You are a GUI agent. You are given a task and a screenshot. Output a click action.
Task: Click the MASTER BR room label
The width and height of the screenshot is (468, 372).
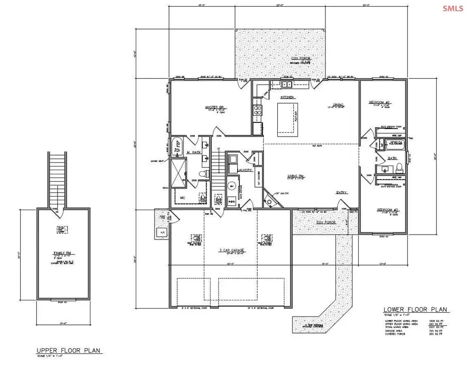tap(214, 107)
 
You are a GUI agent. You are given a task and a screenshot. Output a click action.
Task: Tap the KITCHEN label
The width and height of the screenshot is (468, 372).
tap(288, 98)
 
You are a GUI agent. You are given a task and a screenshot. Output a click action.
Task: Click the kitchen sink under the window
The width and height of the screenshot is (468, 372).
tap(288, 84)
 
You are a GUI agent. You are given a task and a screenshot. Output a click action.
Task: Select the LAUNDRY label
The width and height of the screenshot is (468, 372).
tap(244, 170)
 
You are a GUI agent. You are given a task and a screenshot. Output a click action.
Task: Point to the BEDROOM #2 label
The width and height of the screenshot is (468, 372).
tap(380, 101)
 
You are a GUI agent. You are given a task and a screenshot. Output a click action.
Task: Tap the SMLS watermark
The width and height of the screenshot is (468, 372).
tap(452, 9)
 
